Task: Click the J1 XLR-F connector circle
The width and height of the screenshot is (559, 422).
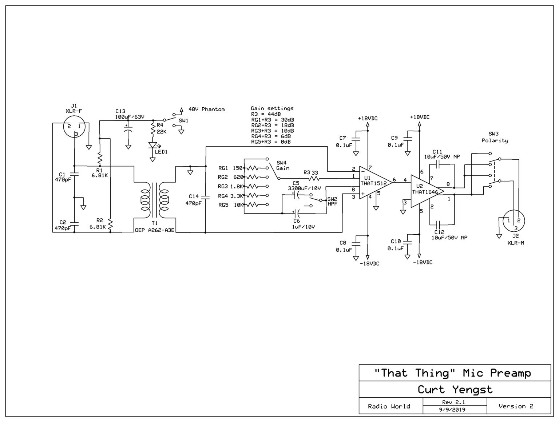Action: (74, 127)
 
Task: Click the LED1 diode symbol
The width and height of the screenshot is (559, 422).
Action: (152, 146)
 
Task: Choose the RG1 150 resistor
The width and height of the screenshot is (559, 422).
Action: (255, 168)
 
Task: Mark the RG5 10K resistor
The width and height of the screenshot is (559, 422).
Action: (255, 204)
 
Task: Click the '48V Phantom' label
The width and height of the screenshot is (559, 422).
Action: (206, 109)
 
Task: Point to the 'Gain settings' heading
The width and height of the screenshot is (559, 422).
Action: (272, 108)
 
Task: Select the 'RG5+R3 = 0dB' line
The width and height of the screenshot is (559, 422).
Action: (270, 142)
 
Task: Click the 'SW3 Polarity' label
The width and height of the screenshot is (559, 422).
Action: (495, 137)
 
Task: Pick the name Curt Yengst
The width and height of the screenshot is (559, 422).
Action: (455, 390)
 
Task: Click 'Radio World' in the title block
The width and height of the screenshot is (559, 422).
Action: (389, 406)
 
